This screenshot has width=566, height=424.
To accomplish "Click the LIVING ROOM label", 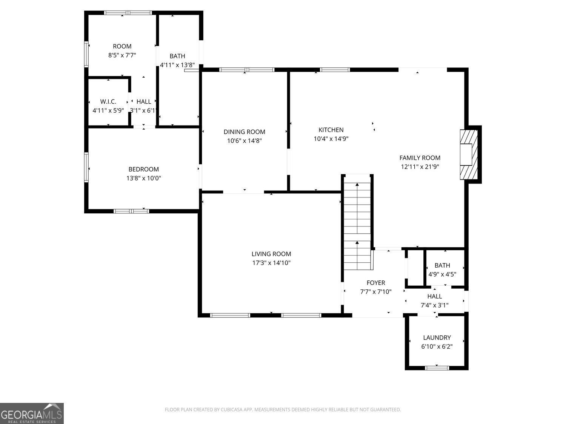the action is point(271,254).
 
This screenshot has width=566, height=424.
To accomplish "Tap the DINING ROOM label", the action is point(244,132).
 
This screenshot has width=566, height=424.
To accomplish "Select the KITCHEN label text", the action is point(331,130).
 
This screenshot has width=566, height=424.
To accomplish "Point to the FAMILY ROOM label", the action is point(420,158).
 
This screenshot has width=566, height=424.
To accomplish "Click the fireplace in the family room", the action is point(469,155).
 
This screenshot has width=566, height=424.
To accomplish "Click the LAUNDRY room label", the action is point(437,337).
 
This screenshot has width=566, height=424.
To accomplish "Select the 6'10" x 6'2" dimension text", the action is point(437,346).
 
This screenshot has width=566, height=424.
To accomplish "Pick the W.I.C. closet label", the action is point(108,102).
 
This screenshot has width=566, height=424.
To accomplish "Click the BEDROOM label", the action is point(144,169).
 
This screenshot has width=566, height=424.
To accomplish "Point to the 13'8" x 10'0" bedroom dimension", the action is point(144,178).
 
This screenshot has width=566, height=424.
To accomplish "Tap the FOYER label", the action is point(376,283).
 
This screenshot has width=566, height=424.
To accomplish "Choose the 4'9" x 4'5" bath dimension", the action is point(442,274).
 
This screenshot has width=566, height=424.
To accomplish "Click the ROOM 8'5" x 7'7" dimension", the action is point(122,55).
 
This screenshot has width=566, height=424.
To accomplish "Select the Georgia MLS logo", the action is point(32,413).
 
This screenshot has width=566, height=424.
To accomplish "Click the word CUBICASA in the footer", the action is point(231,410).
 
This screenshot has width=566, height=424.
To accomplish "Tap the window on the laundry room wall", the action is point(437,368).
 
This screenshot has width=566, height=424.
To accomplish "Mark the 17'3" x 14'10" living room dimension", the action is point(271,263).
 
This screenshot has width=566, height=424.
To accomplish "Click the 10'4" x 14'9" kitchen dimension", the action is point(331,139).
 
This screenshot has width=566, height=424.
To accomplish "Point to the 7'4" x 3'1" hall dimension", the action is point(434,305).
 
